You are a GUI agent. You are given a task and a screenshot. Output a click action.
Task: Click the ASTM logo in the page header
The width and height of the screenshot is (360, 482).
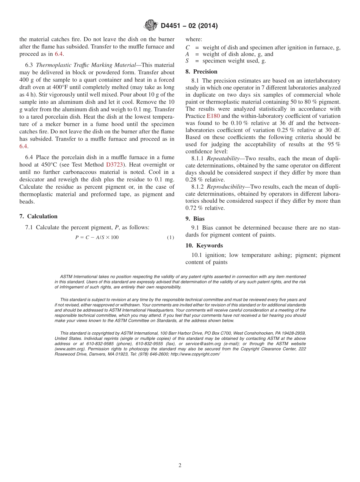[x=150, y=25]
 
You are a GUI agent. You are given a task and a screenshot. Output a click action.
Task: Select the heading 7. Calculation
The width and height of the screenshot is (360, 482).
[x=38, y=216]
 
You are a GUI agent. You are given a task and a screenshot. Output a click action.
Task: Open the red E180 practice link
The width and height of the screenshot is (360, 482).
[x=213, y=116]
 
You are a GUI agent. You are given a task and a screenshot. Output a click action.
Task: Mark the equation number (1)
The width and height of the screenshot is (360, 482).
[x=170, y=238]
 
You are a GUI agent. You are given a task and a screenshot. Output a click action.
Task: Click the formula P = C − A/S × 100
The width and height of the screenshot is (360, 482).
[x=97, y=238]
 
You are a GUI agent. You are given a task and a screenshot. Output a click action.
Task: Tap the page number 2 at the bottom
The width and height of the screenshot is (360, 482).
[x=180, y=465]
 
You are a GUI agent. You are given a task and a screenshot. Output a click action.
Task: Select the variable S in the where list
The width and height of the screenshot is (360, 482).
[x=187, y=61]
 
